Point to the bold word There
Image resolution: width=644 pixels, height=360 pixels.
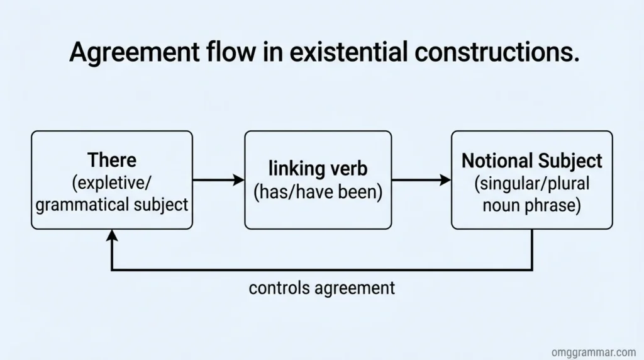pos(112,160)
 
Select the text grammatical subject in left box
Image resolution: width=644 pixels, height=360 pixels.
pos(112,205)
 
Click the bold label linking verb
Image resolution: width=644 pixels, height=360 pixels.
pos(318,168)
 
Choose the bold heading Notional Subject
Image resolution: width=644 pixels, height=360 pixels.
pos(531,160)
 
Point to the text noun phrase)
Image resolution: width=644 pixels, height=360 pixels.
pos(531,205)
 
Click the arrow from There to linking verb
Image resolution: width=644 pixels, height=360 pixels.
pos(218,180)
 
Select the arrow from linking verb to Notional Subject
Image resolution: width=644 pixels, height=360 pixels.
pos(421,180)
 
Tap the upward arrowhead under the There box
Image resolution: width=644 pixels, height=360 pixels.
pos(112,235)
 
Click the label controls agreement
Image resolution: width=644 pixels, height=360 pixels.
pos(322,288)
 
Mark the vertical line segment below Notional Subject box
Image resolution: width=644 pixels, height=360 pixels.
pos(532,250)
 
